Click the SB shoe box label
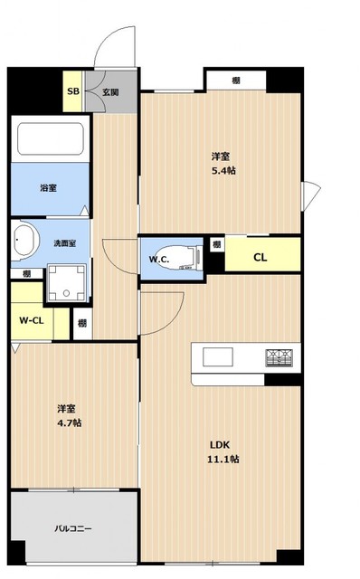coord(73,90)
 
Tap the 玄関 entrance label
coord(110,92)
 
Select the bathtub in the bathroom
coord(51,138)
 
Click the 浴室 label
coord(48,188)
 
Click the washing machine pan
coord(67,283)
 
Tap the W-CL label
coord(32,320)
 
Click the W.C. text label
coord(159,260)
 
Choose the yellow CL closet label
coord(260,257)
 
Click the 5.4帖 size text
coord(223,171)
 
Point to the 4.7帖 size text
coord(70,422)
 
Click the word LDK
coord(220,445)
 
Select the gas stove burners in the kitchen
coord(279,357)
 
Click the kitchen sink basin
coord(217,357)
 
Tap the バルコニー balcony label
coord(73,528)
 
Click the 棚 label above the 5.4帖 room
coord(236,81)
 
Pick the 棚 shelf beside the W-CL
coord(82,324)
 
